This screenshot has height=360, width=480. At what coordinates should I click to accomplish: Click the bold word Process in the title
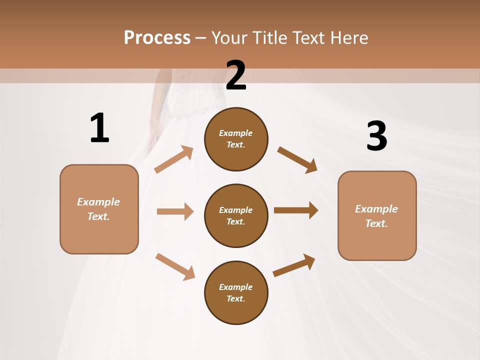pyautogui.click(x=157, y=37)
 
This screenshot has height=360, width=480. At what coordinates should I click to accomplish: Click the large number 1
pyautogui.click(x=99, y=128)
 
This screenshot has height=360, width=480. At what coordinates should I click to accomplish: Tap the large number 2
pyautogui.click(x=236, y=75)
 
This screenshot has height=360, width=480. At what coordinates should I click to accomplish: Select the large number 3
pyautogui.click(x=376, y=136)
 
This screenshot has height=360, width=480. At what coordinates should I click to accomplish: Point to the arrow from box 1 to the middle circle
pyautogui.click(x=175, y=211)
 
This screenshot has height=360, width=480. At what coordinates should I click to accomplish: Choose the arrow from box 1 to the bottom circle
pyautogui.click(x=175, y=266)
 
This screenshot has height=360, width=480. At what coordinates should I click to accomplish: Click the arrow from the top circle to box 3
pyautogui.click(x=297, y=159)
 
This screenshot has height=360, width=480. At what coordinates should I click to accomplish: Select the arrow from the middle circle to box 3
pyautogui.click(x=296, y=210)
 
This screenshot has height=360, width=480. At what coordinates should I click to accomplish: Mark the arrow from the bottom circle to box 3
pyautogui.click(x=294, y=265)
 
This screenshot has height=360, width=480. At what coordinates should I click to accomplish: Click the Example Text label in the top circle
pyautogui.click(x=236, y=138)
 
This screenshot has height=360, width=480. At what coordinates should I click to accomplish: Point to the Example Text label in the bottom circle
pyautogui.click(x=236, y=293)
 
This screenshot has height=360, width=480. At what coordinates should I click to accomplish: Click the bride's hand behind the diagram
pyautogui.click(x=154, y=134)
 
